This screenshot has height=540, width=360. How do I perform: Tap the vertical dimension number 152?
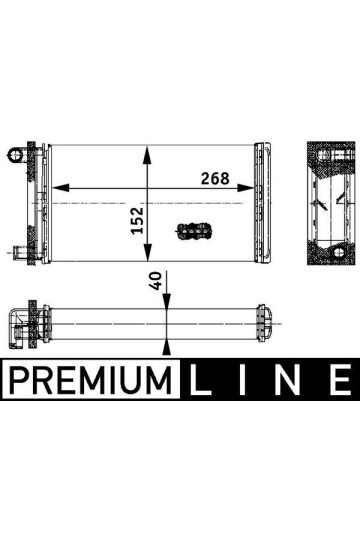[138, 219]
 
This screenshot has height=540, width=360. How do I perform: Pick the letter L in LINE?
[200, 380]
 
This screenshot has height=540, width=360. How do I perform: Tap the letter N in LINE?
[291, 380]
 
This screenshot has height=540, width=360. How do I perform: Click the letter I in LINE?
[246, 380]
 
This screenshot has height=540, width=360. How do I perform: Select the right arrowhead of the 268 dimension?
[259, 187]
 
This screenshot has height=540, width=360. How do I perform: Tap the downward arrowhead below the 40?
[167, 304]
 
